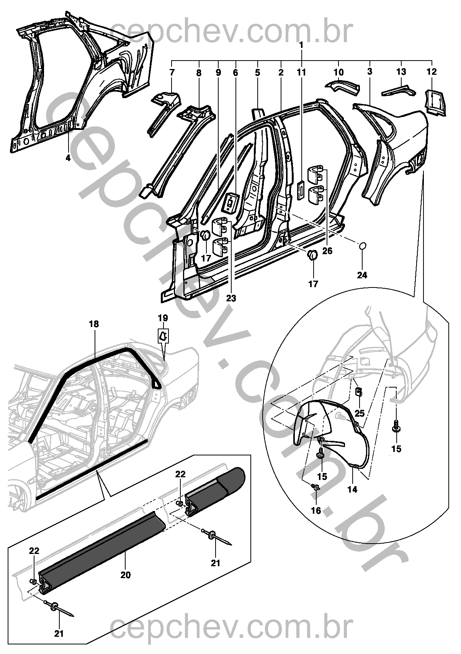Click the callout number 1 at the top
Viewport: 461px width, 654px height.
(301, 45)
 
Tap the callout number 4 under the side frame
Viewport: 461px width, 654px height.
(68, 158)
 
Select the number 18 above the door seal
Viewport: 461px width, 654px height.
(94, 324)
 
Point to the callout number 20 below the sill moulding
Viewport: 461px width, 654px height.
(126, 575)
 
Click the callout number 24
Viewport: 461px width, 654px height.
(362, 275)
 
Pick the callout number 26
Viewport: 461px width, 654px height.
(327, 251)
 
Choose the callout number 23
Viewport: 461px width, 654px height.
(231, 298)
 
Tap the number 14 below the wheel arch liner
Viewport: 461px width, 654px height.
(352, 489)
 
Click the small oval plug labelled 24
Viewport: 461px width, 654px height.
(363, 246)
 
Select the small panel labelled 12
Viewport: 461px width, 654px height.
(435, 102)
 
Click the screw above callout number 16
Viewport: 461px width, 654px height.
(316, 487)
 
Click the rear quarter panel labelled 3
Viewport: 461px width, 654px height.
(394, 138)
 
